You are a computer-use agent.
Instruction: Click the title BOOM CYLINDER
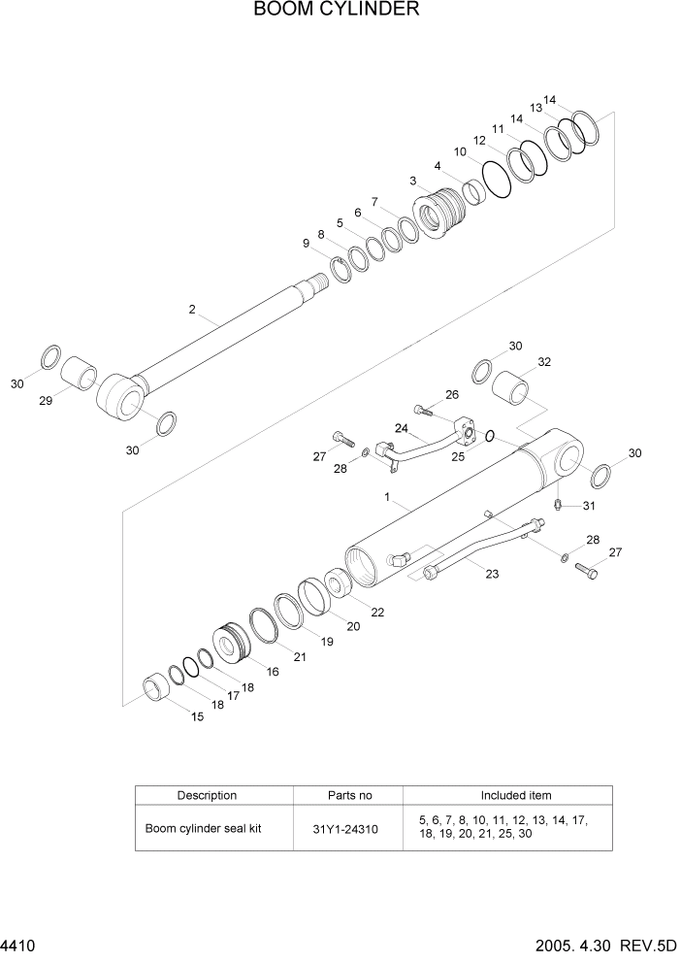point(337,11)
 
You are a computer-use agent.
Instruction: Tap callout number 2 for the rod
point(192,310)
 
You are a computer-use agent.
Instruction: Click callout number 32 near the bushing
point(544,362)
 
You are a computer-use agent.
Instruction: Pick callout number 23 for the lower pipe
point(492,574)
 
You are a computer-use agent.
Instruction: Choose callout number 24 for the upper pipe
point(401,427)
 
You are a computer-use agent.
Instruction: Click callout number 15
point(197,717)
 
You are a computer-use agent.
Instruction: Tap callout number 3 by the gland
point(412,181)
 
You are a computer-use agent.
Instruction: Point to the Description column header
point(207,795)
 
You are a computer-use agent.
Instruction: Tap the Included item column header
point(516,795)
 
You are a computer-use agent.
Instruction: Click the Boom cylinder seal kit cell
point(204,830)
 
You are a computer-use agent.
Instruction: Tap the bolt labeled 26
point(424,410)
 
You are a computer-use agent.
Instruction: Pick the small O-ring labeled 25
point(490,436)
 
